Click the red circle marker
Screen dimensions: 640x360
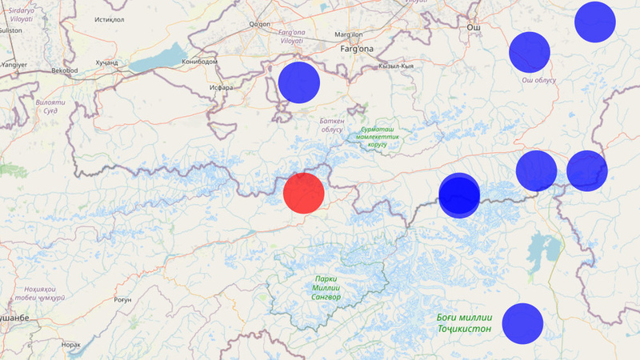[304, 193]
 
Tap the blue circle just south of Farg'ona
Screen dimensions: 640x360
[298, 82]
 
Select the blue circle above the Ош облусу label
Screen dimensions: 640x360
[530, 52]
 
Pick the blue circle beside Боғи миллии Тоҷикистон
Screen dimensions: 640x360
[523, 324]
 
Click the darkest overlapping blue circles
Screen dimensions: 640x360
[459, 195]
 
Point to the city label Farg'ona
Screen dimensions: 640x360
[357, 50]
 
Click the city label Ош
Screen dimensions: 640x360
[474, 27]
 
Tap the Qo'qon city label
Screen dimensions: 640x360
[261, 25]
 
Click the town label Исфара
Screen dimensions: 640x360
[219, 87]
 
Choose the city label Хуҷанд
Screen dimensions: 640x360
[106, 62]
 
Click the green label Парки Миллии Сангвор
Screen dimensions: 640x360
[326, 288]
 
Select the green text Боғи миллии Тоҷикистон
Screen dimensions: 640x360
[465, 322]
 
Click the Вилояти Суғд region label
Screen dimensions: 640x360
[50, 107]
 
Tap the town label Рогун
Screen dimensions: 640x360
[122, 300]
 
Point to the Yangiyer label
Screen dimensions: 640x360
[14, 63]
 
